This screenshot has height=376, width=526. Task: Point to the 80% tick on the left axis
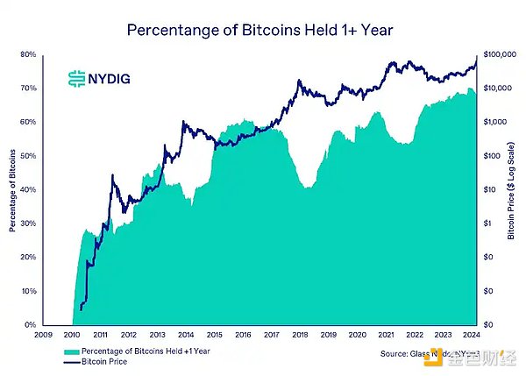52,54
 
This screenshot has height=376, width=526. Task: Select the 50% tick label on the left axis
52,156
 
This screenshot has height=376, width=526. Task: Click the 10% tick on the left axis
52,291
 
